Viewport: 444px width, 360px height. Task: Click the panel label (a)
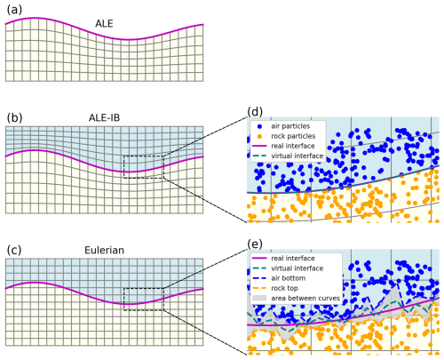coord(14,10)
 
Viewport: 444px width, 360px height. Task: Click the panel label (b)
coord(14,118)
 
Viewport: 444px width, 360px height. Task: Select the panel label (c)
coord(14,250)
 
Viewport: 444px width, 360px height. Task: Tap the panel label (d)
coord(255,112)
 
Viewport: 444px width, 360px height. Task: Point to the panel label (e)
coord(255,244)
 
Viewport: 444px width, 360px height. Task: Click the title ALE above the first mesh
coord(104,24)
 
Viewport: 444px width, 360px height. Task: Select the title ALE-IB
coord(104,118)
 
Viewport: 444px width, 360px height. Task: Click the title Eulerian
coord(104,250)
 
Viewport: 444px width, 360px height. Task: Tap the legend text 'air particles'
coord(290,126)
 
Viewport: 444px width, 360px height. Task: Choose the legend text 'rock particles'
coord(293,136)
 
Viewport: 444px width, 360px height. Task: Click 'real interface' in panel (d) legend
coord(293,146)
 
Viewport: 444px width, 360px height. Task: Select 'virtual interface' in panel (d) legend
coord(297,156)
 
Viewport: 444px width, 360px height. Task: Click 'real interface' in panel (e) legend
coord(293,258)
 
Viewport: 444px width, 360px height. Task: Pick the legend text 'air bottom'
coord(288,278)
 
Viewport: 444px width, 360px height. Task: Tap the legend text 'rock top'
coord(284,288)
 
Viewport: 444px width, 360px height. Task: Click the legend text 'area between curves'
coord(305,298)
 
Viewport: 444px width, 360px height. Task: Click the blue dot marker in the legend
coord(260,126)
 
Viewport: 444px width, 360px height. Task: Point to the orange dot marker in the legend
coord(260,136)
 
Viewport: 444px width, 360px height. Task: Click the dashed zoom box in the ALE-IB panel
coord(144,156)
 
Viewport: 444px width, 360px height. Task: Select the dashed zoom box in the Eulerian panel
coord(144,288)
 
